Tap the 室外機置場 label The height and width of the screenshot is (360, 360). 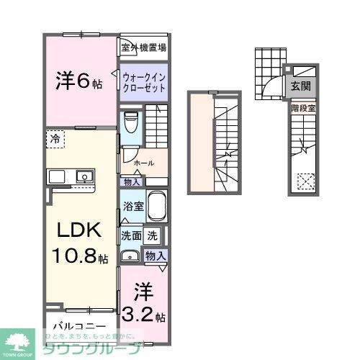143,48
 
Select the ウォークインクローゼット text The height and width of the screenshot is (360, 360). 143,81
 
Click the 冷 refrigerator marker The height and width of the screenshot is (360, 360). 55,137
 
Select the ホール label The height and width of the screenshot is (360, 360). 144,163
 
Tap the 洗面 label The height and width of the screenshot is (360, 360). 130,235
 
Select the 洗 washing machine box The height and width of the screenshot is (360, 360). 152,235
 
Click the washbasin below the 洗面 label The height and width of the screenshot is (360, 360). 131,255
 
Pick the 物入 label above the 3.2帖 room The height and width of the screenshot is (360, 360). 156,256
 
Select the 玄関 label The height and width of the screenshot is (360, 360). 301,85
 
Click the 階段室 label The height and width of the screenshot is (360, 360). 301,108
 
